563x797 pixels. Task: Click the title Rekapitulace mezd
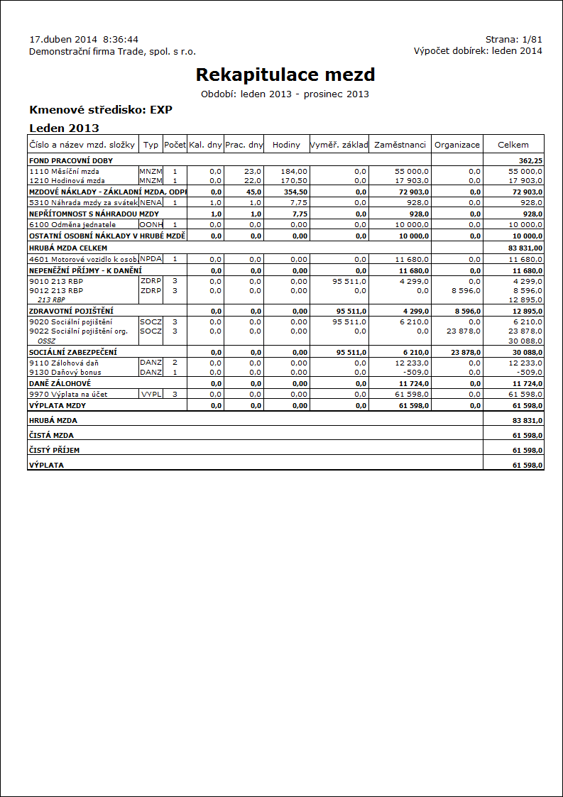click(x=285, y=75)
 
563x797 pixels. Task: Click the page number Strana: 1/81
click(x=513, y=39)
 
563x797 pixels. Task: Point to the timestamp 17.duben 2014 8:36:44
click(x=84, y=39)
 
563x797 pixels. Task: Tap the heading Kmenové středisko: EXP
click(x=101, y=110)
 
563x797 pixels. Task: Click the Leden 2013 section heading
click(x=64, y=128)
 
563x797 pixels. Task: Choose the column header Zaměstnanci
click(x=400, y=145)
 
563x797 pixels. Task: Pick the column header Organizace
click(x=457, y=145)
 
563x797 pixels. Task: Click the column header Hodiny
click(x=287, y=145)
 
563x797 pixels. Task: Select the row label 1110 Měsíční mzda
click(x=65, y=171)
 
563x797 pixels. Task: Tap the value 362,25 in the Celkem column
click(x=530, y=161)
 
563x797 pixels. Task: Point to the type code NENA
click(x=151, y=202)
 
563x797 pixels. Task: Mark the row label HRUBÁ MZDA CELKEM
click(x=68, y=248)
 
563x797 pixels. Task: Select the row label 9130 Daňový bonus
click(x=65, y=372)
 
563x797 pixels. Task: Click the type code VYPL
click(x=151, y=393)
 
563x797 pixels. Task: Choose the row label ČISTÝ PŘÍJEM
click(x=54, y=450)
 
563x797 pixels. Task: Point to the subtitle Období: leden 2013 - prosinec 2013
click(x=285, y=94)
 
